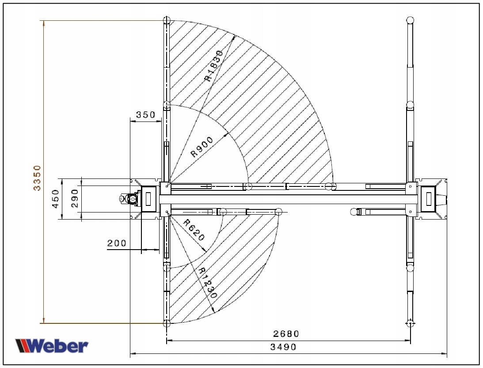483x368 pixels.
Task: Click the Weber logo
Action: [52, 345]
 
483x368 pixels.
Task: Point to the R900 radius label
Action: [202, 147]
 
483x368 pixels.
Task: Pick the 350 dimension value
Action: [145, 115]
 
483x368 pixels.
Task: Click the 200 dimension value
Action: [117, 243]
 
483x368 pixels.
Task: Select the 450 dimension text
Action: [56, 199]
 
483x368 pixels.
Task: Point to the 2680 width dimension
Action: [286, 334]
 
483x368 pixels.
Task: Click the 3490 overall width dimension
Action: [283, 347]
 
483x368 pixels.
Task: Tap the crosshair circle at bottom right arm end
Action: [411, 323]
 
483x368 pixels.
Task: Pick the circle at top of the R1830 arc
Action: [167, 20]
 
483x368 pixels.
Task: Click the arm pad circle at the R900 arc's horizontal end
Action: [248, 186]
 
